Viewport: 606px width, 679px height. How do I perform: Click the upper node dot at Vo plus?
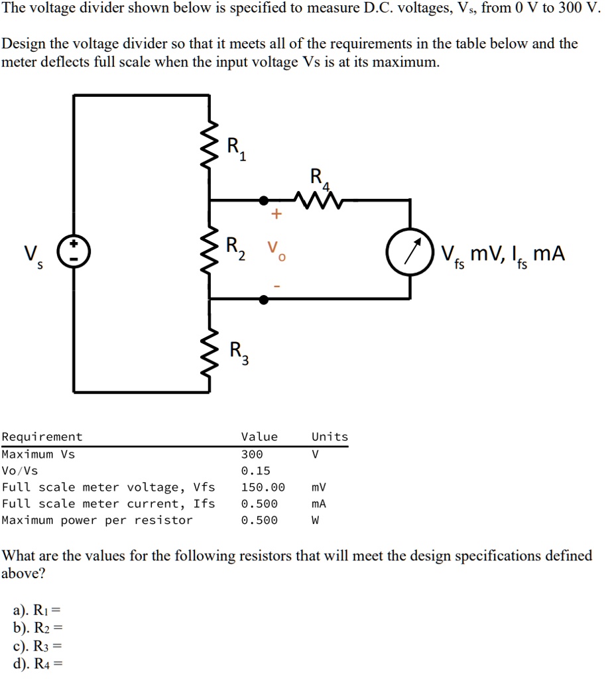(x=264, y=200)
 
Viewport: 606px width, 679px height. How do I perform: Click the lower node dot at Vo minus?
(x=264, y=300)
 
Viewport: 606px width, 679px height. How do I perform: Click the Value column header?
(x=259, y=436)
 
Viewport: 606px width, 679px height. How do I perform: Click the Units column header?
(x=330, y=436)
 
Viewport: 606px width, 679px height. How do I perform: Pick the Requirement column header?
(x=42, y=436)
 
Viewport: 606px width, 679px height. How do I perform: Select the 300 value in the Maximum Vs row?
(x=252, y=454)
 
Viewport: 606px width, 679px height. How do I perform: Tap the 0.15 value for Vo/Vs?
(x=256, y=471)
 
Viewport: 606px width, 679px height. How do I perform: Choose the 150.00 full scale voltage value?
(x=263, y=487)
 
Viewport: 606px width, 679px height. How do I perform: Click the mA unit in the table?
(x=319, y=504)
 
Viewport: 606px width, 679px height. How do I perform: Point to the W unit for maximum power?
(x=316, y=521)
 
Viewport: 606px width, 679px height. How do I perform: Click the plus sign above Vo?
(x=275, y=215)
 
